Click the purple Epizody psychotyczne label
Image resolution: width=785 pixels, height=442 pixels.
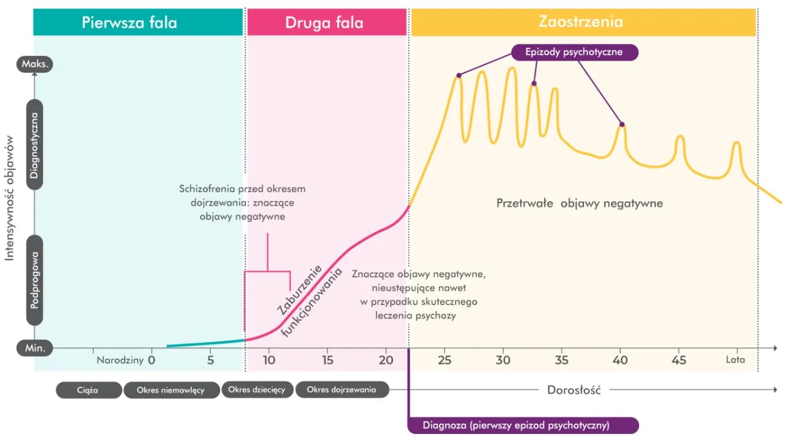click(x=574, y=52)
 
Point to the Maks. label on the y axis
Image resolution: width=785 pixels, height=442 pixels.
click(x=36, y=64)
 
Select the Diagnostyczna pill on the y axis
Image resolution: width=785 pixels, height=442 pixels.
click(x=35, y=145)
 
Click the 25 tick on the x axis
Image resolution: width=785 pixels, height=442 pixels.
click(x=445, y=360)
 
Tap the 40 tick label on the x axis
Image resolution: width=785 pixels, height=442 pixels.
click(x=620, y=360)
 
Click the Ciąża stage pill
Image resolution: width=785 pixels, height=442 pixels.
click(x=88, y=390)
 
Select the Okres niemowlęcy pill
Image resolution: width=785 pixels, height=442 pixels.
click(x=171, y=390)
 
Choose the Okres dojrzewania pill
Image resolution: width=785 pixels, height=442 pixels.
click(x=342, y=390)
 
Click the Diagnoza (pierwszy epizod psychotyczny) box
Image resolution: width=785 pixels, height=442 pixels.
click(x=523, y=425)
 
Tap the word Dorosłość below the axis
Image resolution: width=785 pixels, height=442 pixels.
click(x=573, y=390)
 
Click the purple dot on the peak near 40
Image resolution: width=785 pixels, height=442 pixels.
click(x=622, y=125)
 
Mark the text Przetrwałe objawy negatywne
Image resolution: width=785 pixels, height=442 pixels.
click(x=580, y=203)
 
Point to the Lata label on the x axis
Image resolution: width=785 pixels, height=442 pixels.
click(x=735, y=360)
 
